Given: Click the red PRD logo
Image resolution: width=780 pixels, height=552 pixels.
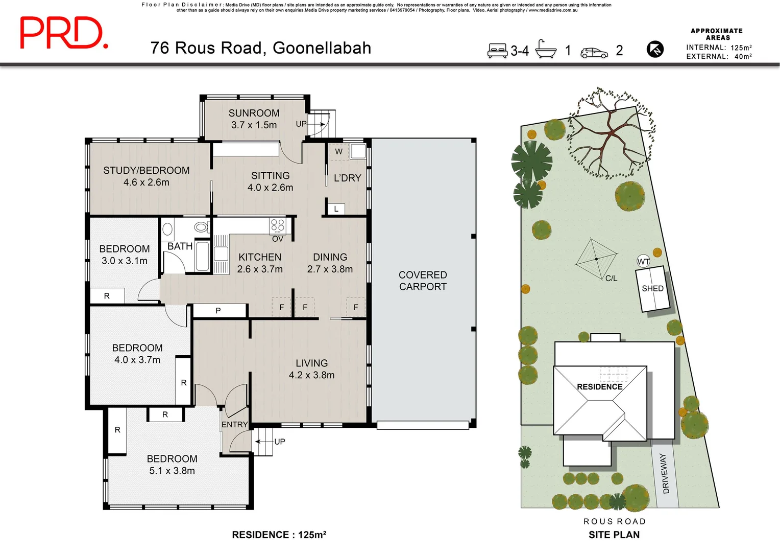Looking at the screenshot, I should point(63,33).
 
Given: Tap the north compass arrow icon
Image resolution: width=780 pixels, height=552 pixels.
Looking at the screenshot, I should point(655,50).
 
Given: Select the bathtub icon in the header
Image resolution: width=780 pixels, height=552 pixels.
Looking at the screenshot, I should point(546,50).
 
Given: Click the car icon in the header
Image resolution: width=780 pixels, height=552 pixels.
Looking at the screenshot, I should point(594,53).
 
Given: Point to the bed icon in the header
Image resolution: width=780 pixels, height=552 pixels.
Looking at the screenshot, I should point(497,51).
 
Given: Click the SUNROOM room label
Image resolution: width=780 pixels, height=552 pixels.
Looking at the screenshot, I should point(254,113).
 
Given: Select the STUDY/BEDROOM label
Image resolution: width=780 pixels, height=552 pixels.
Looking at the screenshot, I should point(146,170).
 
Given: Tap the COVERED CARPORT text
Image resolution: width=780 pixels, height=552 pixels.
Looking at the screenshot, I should point(423,281).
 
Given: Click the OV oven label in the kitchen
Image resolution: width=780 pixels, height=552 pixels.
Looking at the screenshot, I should point(278,239).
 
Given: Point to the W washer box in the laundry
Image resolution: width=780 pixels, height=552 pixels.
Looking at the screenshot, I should point(338,152).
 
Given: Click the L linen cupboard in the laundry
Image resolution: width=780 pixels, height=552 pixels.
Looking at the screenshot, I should point(336,209).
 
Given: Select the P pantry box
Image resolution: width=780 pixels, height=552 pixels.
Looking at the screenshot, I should point(218,310).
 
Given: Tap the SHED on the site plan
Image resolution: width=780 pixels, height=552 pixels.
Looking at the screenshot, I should point(652,289).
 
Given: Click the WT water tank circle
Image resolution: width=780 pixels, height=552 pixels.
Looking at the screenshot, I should point(643,262).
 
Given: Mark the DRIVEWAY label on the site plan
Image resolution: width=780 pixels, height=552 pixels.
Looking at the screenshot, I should point(665,473).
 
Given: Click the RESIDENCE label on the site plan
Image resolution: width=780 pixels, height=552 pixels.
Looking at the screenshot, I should point(599,387).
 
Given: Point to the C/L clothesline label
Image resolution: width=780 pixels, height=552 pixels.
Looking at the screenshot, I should point(611,279).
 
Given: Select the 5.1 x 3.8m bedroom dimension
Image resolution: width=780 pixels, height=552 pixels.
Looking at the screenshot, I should point(172,471).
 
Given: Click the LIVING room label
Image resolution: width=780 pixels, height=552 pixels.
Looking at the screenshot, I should point(311,363).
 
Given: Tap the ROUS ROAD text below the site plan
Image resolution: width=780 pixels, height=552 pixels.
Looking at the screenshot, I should point(615,521).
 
